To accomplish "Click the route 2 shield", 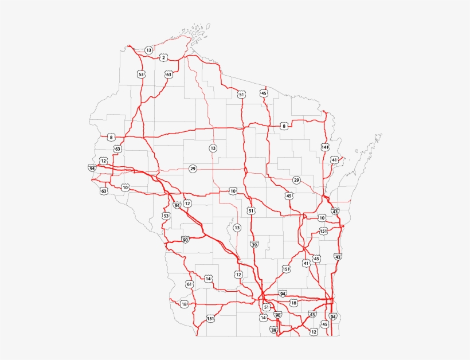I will click(164, 57).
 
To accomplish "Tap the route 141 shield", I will click(325, 147).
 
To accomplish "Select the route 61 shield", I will click(189, 284).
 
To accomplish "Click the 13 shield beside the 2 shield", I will click(149, 50).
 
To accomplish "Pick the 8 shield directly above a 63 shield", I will click(111, 137).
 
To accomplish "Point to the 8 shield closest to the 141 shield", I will click(284, 126).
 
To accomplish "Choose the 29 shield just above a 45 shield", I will click(296, 180).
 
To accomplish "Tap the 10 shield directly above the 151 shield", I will click(322, 218).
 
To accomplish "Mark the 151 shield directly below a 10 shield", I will click(323, 231).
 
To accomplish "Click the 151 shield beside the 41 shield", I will click(286, 269).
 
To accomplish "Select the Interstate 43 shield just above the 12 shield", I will click(312, 314).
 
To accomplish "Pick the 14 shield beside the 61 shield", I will click(209, 279).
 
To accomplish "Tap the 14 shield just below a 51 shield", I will click(264, 317).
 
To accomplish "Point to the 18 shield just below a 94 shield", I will click(294, 303).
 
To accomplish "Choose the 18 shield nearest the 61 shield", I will click(184, 304).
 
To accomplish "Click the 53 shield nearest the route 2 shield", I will click(141, 74).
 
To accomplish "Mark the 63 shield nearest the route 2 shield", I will click(169, 75).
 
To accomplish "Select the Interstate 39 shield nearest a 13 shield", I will click(254, 244).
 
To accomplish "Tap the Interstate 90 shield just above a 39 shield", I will click(278, 315).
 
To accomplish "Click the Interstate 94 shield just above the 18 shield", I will click(283, 294).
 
